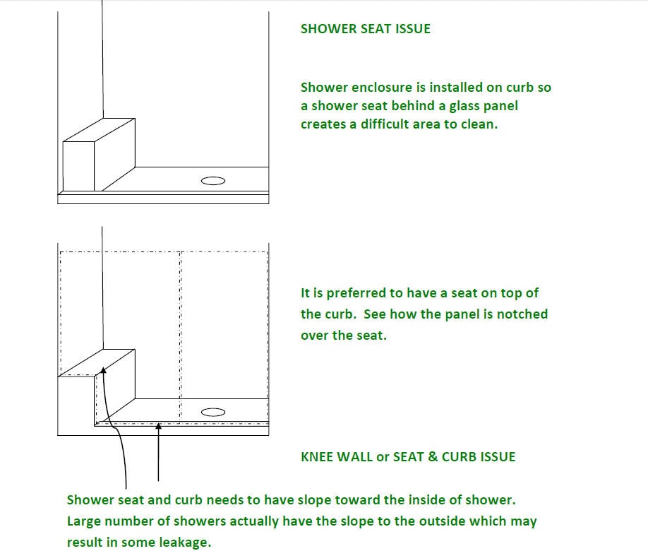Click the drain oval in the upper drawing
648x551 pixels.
coord(213,181)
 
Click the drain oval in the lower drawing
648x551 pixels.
coord(213,412)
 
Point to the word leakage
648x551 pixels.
coord(186,543)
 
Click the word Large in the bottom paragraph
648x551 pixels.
coord(85,521)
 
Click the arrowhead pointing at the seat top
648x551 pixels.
coord(103,369)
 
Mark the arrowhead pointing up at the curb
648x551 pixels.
coord(158,426)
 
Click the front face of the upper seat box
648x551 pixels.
coord(79,166)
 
